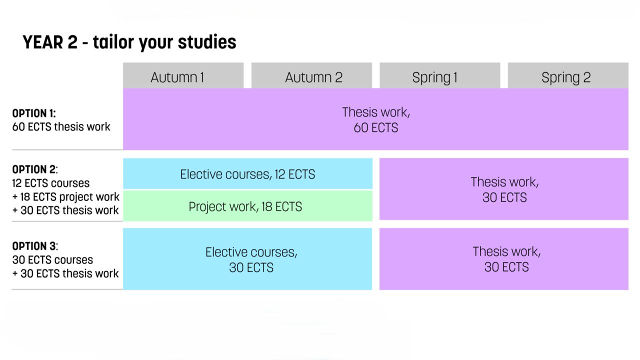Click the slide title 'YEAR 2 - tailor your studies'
tap(129, 42)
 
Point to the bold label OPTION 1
tap(34, 113)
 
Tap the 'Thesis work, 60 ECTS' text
tap(375, 119)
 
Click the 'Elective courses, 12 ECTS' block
tap(247, 174)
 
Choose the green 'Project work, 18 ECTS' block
tap(247, 206)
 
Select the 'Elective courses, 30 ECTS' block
tap(247, 259)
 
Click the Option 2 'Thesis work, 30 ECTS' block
tap(504, 189)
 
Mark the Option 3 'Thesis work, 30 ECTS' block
tap(504, 259)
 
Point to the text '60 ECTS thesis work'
tap(61, 127)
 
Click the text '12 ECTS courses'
tap(51, 183)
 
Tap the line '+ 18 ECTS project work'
tap(66, 196)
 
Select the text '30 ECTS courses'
tap(52, 260)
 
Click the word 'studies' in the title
tap(207, 42)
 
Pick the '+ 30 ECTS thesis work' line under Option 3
tap(65, 273)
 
